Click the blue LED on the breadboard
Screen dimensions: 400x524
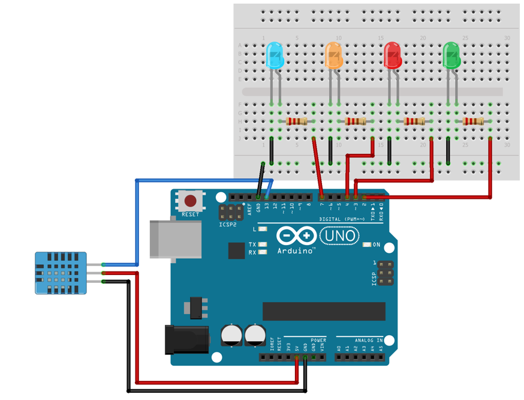click(274, 55)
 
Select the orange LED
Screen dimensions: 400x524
click(333, 55)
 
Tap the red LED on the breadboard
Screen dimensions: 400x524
click(392, 55)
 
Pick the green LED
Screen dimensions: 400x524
click(451, 55)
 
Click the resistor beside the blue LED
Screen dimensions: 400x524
click(297, 121)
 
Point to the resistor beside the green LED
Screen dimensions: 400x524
click(473, 121)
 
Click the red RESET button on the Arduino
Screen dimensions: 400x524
click(191, 201)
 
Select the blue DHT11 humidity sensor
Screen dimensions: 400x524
click(61, 273)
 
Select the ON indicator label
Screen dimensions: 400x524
click(377, 245)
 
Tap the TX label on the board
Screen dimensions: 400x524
click(252, 245)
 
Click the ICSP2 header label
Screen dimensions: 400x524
click(227, 225)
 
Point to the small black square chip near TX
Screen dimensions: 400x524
click(236, 250)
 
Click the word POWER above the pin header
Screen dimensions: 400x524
click(319, 340)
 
